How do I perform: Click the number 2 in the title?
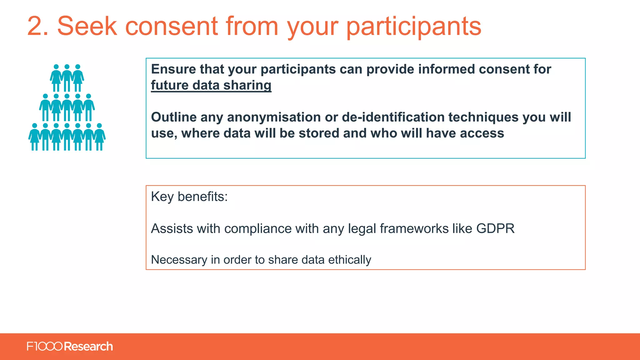[37, 27]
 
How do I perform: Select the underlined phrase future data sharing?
[211, 85]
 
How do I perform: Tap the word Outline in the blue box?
[174, 117]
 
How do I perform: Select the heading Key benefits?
[189, 197]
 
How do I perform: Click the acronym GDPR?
[495, 229]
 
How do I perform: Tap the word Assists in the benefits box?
[172, 229]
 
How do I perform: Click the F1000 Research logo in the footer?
[70, 347]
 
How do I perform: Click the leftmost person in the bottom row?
[34, 137]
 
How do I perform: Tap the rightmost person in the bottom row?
[99, 137]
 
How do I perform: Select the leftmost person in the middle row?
[45, 107]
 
